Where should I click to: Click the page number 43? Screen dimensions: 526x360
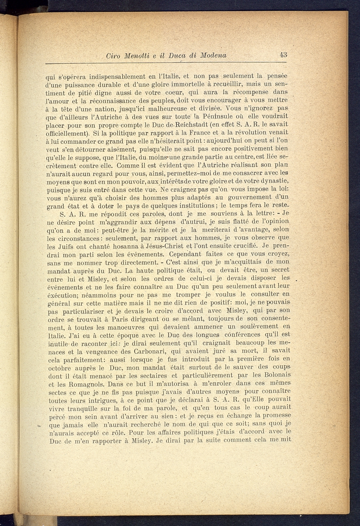(284, 55)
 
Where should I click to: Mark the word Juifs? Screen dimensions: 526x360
(66, 246)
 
